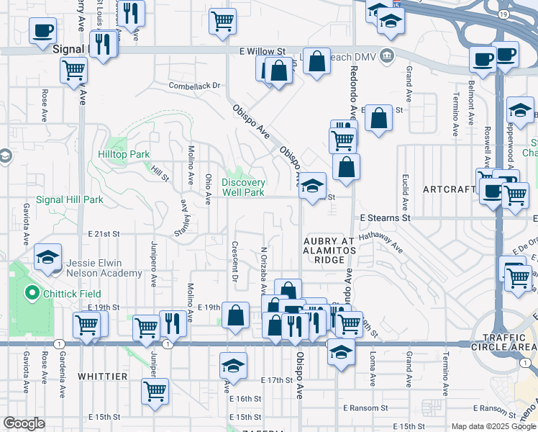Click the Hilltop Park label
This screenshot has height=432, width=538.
124,154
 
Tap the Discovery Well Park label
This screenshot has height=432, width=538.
243,187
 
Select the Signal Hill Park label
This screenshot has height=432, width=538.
70,199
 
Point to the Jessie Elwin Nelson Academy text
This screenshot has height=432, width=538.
104,268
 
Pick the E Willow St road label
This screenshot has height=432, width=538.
263,52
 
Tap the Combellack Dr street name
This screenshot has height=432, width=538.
194,85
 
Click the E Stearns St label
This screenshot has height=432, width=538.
385,217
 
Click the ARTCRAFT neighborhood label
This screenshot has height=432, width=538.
450,189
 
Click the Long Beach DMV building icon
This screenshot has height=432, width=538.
386,55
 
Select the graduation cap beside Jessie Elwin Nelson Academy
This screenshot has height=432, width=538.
47,258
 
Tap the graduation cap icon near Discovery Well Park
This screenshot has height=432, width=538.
312,186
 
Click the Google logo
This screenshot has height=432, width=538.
24,424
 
